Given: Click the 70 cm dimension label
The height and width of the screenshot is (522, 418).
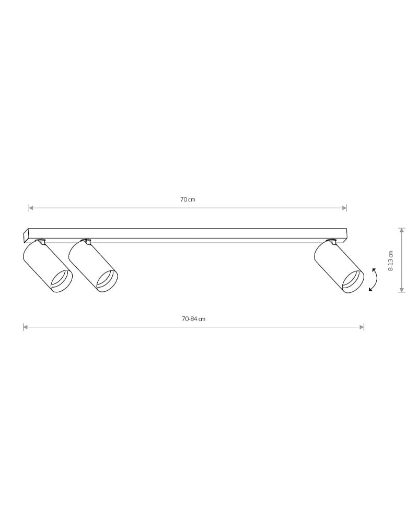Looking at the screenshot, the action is click(x=188, y=199).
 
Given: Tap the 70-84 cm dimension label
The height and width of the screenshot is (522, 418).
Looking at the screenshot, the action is click(x=194, y=319).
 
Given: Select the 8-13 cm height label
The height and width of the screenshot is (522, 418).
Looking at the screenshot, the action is click(x=391, y=260).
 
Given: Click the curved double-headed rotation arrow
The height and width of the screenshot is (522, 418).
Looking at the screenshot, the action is click(x=375, y=279).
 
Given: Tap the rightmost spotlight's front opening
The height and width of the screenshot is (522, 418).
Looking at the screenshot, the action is click(x=353, y=282).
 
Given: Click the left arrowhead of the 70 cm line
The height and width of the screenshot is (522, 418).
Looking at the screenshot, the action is click(x=31, y=208).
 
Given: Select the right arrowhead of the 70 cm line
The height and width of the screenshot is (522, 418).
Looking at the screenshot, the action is click(x=344, y=208).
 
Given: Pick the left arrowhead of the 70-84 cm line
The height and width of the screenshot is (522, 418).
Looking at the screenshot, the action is click(x=25, y=327).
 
